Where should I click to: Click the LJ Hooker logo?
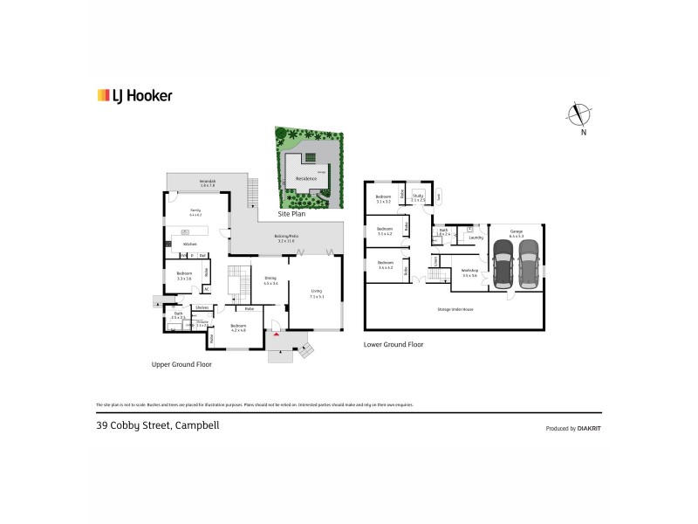click(133, 96)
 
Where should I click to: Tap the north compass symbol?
click(576, 114)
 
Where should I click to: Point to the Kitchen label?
click(189, 244)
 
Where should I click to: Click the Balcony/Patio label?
click(286, 238)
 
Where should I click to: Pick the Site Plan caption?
click(291, 213)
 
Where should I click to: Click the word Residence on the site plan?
click(305, 178)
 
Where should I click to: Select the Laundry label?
click(476, 237)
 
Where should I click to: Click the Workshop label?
click(470, 272)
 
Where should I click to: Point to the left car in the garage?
click(503, 264)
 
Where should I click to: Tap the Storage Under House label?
click(455, 310)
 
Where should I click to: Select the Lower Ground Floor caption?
click(393, 345)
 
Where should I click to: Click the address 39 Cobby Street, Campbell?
click(157, 426)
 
